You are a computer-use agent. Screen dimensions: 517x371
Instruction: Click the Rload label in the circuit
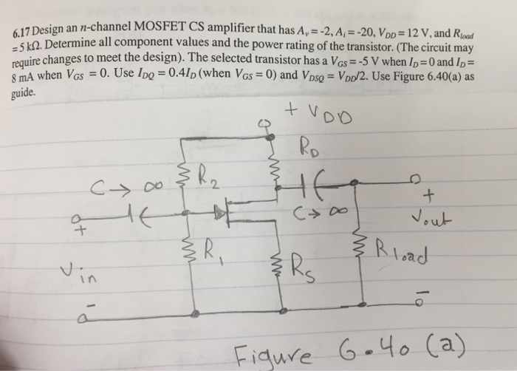tap(405, 251)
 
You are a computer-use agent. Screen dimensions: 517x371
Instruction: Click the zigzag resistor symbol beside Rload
tap(363, 256)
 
